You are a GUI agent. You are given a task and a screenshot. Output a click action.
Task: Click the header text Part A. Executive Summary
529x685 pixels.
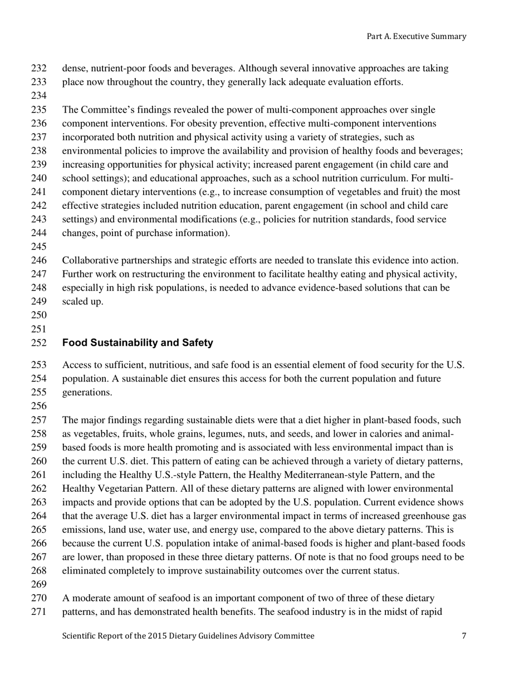416,36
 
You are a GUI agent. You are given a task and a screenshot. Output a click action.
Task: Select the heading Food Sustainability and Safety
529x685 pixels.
138,343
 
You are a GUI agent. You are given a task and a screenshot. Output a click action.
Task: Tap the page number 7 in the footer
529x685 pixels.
463,635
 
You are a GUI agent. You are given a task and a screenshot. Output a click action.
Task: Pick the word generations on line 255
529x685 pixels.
87,392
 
